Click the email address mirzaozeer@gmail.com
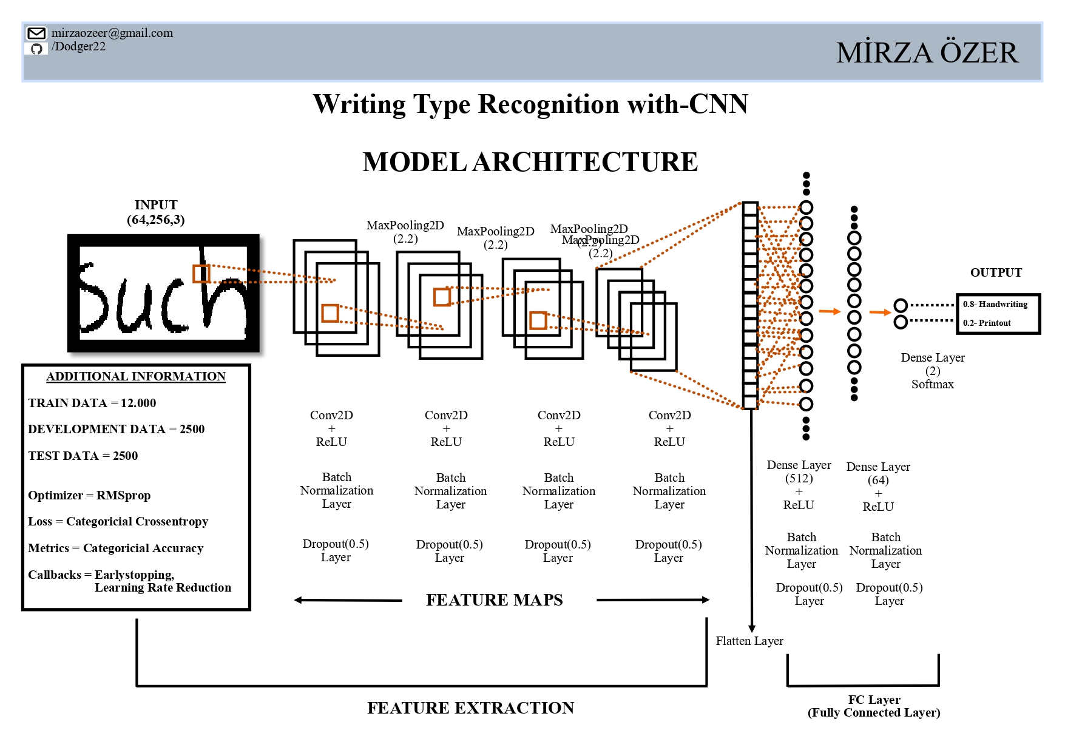(112, 33)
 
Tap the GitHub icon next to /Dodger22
(36, 49)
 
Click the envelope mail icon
(36, 33)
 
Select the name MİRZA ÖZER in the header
(927, 53)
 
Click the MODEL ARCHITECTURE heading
(530, 162)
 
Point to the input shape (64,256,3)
(155, 220)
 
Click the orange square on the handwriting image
(201, 274)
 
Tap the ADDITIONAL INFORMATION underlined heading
(136, 376)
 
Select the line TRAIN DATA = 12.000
(92, 403)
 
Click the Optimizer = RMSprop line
(89, 495)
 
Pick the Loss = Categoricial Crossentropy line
(118, 521)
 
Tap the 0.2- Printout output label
(987, 323)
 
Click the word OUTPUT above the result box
(996, 272)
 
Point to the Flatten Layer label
(749, 641)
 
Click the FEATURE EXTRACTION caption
(470, 707)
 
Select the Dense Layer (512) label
(799, 471)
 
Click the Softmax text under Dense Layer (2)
(932, 384)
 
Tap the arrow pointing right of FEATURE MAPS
(653, 600)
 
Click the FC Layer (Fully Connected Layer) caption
(874, 706)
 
